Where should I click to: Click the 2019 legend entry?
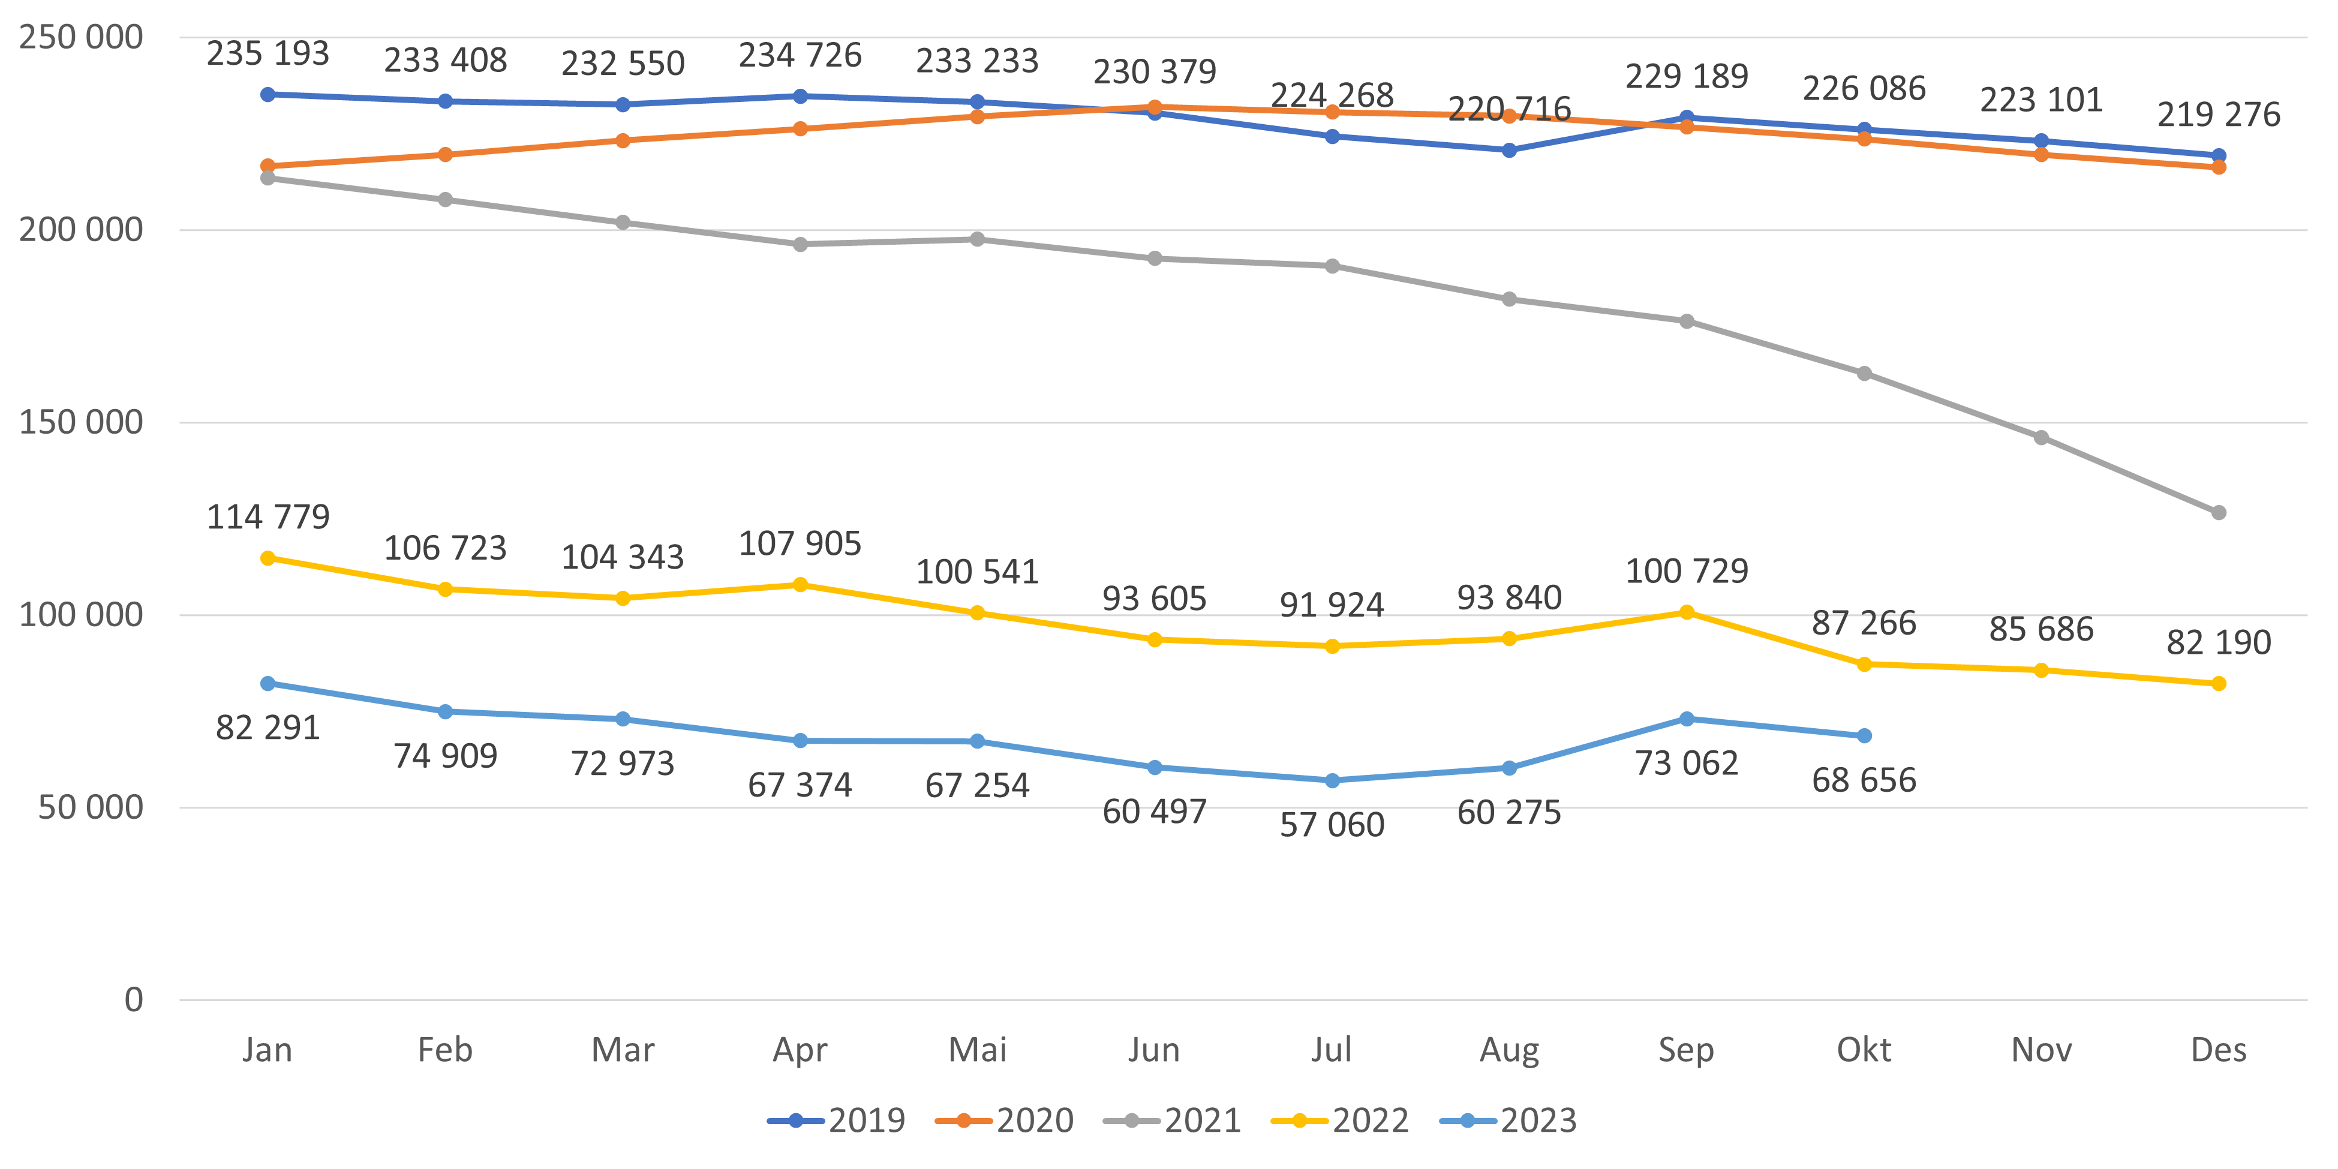click(837, 1121)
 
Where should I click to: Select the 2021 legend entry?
click(1173, 1121)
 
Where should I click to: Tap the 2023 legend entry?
click(1508, 1121)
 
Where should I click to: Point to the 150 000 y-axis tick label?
click(81, 422)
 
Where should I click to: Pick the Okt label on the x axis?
click(1864, 1050)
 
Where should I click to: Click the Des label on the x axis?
click(2218, 1050)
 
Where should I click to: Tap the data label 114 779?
click(268, 518)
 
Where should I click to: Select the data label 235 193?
click(268, 53)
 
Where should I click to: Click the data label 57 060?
click(1332, 825)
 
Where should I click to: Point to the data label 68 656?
click(1864, 780)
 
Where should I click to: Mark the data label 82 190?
click(2218, 642)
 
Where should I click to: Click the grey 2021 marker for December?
click(2218, 513)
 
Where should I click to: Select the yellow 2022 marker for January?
click(268, 558)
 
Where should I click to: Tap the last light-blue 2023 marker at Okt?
click(1864, 736)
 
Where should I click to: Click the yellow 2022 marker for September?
click(1687, 612)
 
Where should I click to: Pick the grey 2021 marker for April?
click(800, 244)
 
